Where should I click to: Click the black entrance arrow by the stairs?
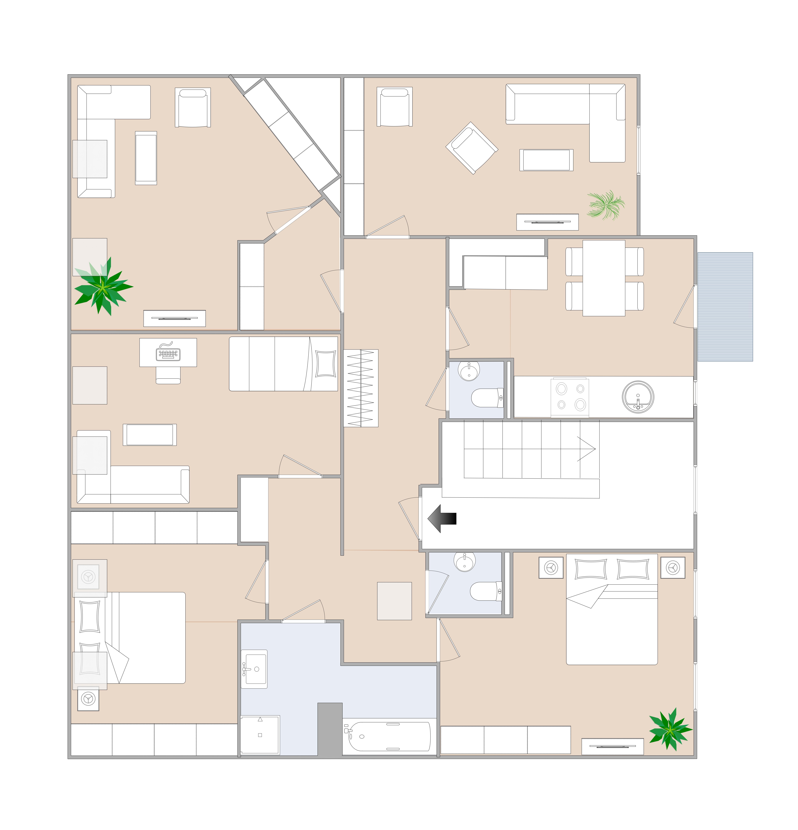[x=441, y=518]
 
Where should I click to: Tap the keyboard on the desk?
[x=168, y=353]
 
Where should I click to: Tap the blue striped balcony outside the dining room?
[x=725, y=307]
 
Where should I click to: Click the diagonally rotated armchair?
[x=471, y=148]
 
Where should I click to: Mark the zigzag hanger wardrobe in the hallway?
[x=360, y=388]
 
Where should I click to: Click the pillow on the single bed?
[x=325, y=364]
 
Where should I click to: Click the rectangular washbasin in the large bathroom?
[x=254, y=669]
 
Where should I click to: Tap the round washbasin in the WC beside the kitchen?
[x=469, y=371]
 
